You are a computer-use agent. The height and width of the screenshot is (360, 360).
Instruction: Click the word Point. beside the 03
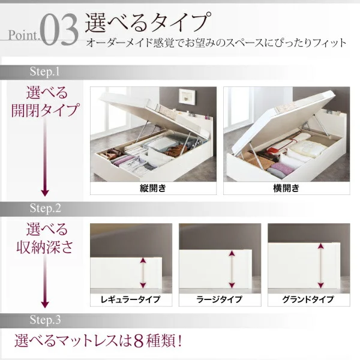pyautogui.click(x=24, y=35)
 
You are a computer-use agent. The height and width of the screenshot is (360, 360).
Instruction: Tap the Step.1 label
pyautogui.click(x=45, y=71)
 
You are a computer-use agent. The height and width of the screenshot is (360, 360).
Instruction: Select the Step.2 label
pyautogui.click(x=45, y=208)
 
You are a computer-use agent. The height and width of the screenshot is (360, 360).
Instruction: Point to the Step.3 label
pyautogui.click(x=45, y=320)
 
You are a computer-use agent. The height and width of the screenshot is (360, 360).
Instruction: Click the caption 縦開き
pyautogui.click(x=153, y=188)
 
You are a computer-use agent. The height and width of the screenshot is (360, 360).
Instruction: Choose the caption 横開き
pyautogui.click(x=286, y=188)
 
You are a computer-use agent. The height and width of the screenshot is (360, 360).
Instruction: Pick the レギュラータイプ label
pyautogui.click(x=131, y=299)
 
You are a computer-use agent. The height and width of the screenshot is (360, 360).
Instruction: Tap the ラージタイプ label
pyautogui.click(x=220, y=299)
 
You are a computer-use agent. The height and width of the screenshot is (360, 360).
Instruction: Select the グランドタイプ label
pyautogui.click(x=308, y=299)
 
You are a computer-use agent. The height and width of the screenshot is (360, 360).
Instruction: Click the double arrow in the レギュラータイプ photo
pyautogui.click(x=143, y=273)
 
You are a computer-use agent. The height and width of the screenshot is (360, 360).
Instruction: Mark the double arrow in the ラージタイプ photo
pyautogui.click(x=232, y=269)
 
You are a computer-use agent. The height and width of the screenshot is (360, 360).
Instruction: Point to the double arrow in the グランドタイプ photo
pyautogui.click(x=320, y=266)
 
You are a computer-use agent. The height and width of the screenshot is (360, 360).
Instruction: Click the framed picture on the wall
pyautogui.click(x=188, y=97)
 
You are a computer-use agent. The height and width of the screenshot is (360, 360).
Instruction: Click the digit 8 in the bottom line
pyautogui.click(x=139, y=341)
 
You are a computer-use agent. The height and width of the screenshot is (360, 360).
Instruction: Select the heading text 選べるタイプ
pyautogui.click(x=148, y=22)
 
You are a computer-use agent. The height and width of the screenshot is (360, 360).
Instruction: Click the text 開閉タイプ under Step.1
pyautogui.click(x=45, y=110)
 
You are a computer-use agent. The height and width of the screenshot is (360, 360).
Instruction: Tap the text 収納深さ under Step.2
pyautogui.click(x=45, y=247)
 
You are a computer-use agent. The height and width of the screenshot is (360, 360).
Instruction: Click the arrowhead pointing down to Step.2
pyautogui.click(x=45, y=193)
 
